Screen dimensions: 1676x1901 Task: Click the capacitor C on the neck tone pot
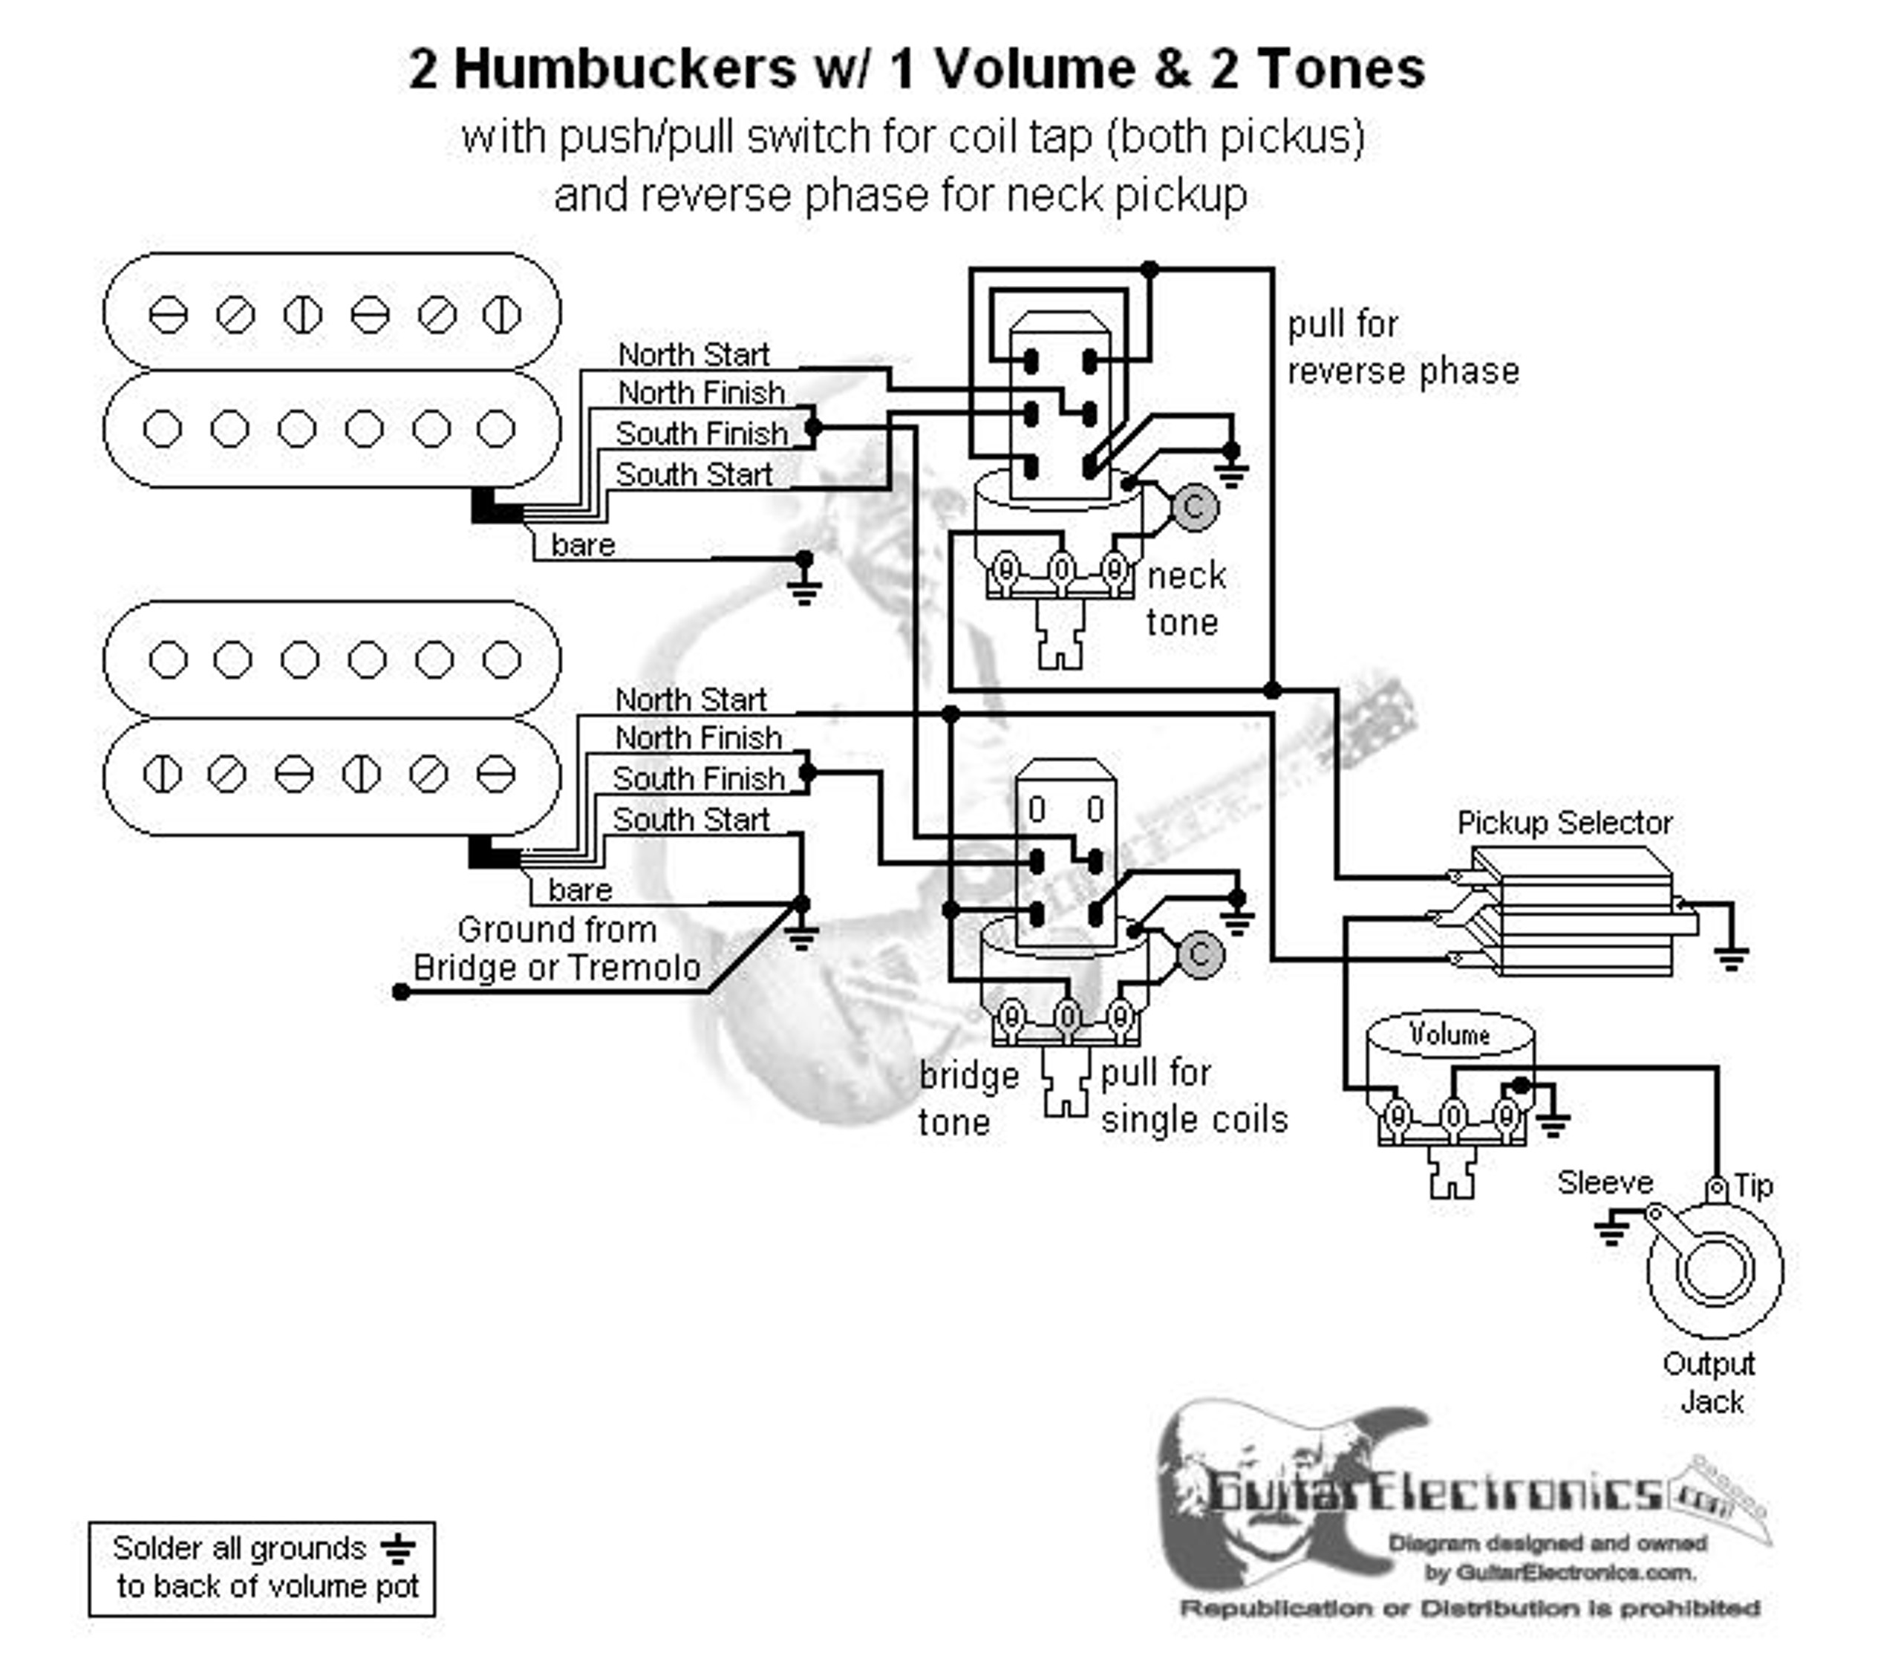[x=1194, y=508]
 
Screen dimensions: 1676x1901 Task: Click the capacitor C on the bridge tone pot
[x=1200, y=954]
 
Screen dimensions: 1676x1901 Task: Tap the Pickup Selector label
[x=1565, y=823]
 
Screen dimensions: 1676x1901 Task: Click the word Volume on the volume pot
[x=1449, y=1035]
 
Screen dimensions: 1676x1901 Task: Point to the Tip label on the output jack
[x=1752, y=1186]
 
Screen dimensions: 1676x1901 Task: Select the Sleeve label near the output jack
[x=1605, y=1182]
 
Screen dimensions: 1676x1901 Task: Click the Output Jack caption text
[x=1709, y=1382]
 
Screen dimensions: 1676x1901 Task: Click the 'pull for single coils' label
[x=1193, y=1097]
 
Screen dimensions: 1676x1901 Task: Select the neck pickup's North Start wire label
[x=694, y=354]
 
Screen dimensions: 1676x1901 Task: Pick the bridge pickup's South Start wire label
[x=691, y=819]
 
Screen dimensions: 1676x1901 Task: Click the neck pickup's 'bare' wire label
[x=582, y=545]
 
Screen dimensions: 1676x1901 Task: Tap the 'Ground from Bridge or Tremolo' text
[x=556, y=949]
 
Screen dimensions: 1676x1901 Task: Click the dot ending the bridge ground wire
[x=401, y=992]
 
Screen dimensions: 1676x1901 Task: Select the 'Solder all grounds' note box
[x=262, y=1568]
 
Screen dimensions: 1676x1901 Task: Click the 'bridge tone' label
[x=968, y=1098]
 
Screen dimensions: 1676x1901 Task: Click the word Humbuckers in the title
[x=625, y=69]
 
